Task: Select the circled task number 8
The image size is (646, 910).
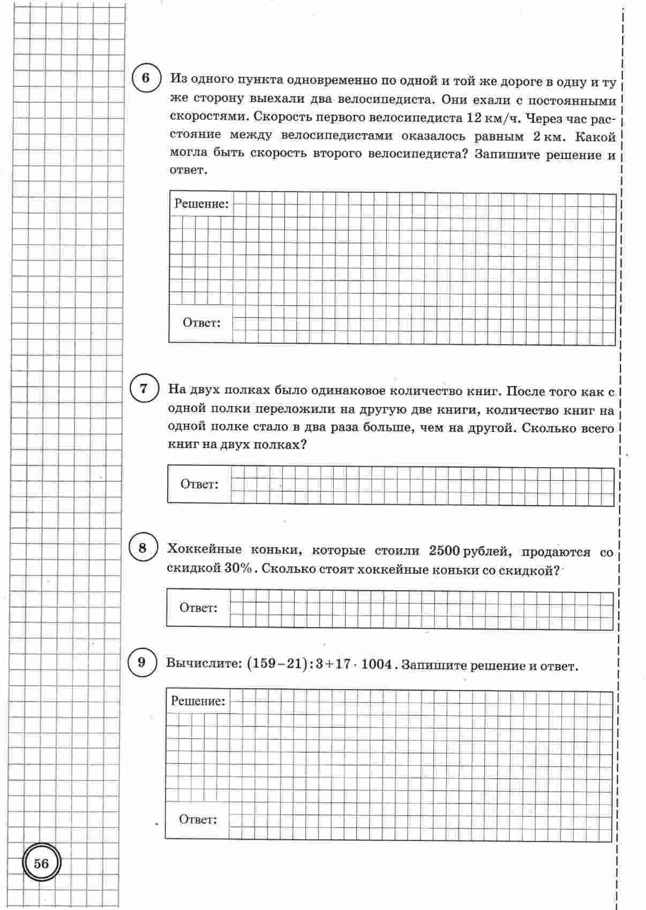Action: click(x=142, y=548)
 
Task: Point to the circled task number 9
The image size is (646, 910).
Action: click(x=141, y=663)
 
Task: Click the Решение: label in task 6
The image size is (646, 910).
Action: click(x=201, y=203)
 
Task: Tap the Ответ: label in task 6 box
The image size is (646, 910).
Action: click(x=201, y=323)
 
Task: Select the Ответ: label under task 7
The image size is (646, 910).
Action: click(x=199, y=484)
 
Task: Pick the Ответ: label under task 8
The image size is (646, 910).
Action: click(x=198, y=608)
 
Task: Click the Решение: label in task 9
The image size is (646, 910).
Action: click(x=198, y=701)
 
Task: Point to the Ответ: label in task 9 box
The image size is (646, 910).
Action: click(x=198, y=820)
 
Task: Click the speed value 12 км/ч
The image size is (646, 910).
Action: click(x=494, y=118)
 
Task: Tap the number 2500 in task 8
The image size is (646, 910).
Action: click(x=444, y=550)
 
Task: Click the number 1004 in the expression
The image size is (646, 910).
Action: click(x=377, y=665)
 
